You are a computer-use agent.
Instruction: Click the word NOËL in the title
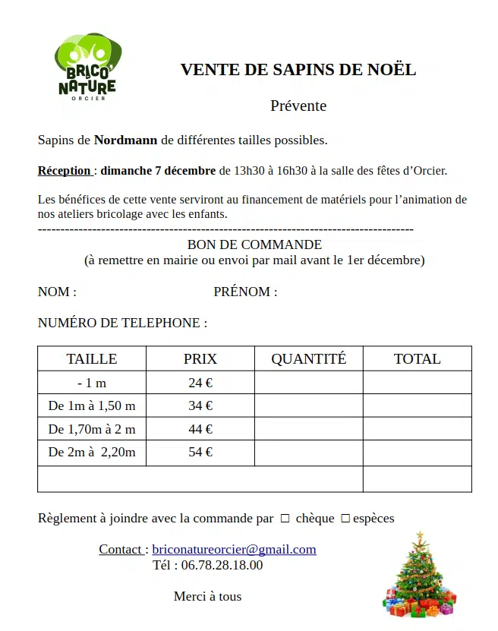(394, 70)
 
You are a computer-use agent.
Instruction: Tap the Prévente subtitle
(298, 106)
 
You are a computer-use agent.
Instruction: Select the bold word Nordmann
(125, 140)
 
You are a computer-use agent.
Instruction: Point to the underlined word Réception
(65, 171)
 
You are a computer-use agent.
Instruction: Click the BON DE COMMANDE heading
(254, 245)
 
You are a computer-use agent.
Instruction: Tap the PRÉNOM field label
(245, 292)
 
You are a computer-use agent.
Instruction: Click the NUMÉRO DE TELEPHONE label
(122, 323)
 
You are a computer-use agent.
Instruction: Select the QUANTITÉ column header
(308, 359)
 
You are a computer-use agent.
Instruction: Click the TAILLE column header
(92, 359)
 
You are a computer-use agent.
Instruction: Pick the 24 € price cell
(200, 383)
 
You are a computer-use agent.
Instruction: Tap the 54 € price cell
(200, 453)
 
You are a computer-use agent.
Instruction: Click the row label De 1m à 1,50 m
(92, 406)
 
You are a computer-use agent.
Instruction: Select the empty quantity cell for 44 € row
(308, 429)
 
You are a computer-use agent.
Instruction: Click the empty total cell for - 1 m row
(417, 383)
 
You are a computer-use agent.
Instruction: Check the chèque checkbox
(285, 519)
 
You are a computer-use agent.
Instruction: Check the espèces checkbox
(345, 519)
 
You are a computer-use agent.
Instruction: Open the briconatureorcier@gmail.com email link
(234, 550)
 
